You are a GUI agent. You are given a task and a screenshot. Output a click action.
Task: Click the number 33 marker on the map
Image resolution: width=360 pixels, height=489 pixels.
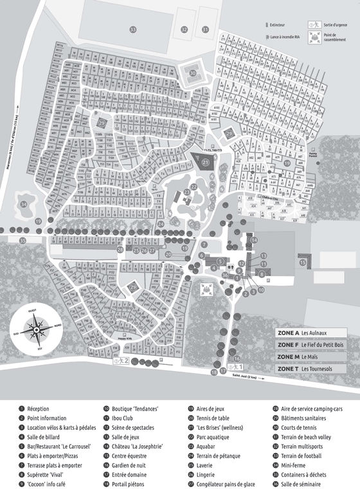133,30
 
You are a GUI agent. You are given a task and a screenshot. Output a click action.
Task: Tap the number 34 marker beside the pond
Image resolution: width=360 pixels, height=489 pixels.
24,204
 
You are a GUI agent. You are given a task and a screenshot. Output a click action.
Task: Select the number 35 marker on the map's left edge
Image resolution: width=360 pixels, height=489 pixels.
22,240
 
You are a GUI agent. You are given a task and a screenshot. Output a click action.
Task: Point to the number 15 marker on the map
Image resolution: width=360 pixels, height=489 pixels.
302,263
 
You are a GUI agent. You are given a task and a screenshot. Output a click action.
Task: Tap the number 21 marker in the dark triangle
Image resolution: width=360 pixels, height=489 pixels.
206,163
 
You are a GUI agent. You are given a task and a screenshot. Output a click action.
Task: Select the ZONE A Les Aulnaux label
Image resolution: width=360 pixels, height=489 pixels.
310,333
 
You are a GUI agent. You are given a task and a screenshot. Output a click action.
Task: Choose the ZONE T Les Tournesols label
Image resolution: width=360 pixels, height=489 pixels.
310,369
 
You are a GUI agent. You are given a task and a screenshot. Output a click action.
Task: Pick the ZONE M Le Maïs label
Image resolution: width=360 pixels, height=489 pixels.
310,356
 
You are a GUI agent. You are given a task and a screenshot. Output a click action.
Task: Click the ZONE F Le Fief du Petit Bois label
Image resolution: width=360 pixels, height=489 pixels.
310,345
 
